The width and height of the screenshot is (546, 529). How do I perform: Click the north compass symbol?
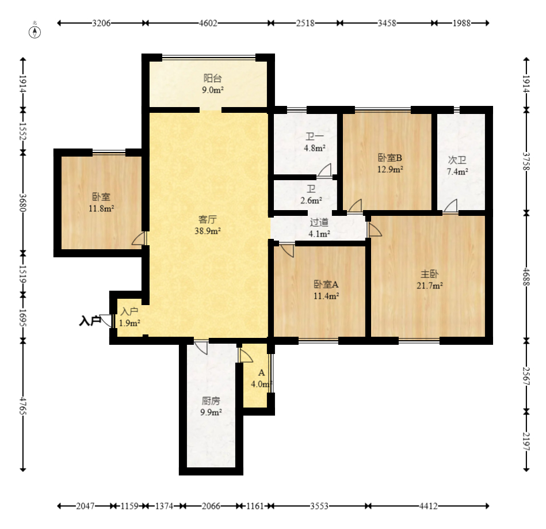35,32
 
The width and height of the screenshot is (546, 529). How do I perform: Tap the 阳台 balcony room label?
212,78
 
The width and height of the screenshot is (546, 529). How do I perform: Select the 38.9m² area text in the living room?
208,231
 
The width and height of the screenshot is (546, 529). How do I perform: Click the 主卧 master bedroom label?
429,274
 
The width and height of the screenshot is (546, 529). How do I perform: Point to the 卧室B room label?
390,158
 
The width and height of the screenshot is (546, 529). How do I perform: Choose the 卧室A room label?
326,284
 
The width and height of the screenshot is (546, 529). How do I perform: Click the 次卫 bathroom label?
457,160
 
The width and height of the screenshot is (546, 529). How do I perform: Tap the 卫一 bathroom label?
315,136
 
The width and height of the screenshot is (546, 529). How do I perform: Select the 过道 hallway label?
319,222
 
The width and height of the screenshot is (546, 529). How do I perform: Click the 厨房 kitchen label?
211,401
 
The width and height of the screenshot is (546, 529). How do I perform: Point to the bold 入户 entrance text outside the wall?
90,321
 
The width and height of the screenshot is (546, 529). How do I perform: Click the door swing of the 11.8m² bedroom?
139,238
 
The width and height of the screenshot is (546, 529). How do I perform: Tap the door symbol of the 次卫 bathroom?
450,206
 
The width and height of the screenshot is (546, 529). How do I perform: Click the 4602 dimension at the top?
208,23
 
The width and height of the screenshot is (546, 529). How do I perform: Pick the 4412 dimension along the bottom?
428,506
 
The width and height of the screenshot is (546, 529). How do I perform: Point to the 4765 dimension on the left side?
23,406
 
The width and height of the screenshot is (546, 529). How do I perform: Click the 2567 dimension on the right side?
526,376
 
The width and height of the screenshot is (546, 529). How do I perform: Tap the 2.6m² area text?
311,201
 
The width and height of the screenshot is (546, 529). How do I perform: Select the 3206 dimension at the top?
101,23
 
